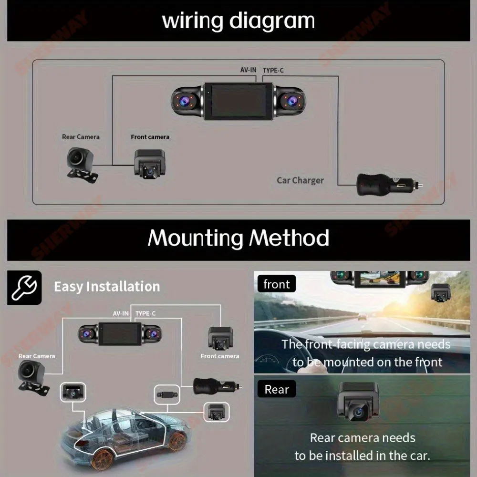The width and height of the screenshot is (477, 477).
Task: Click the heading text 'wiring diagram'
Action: point(238,21)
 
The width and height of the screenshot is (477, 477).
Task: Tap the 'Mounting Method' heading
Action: point(238,238)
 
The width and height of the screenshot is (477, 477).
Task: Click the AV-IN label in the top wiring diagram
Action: point(248,70)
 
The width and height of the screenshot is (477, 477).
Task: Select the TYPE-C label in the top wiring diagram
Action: point(273,70)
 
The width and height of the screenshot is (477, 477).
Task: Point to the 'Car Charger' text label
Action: point(300,180)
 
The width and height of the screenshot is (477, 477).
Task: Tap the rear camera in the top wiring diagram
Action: point(81,162)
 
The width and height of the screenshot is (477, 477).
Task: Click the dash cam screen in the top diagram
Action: point(238,101)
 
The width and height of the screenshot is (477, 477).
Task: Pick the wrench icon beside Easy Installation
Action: point(24,287)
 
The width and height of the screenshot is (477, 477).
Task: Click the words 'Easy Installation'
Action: point(107,287)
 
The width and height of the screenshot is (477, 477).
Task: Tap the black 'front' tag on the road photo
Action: point(276,284)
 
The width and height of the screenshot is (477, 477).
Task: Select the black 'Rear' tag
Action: point(277,389)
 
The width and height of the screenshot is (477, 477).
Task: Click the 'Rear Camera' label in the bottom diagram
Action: point(37,356)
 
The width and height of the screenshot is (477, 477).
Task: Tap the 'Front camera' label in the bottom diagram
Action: point(220,356)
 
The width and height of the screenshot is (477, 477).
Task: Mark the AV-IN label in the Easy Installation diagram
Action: point(121,313)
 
